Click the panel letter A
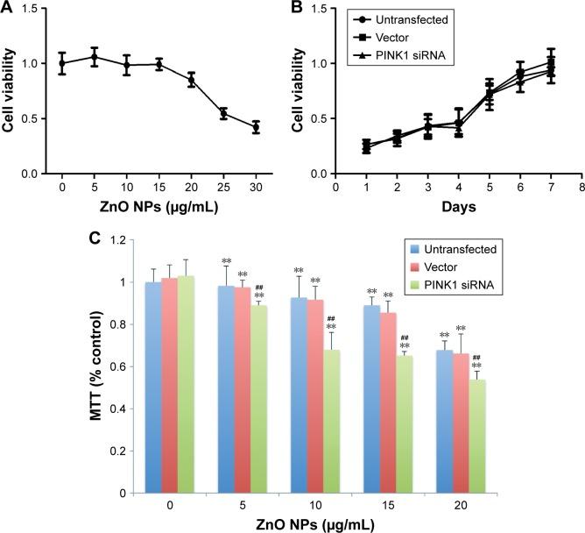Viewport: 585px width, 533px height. tap(9, 9)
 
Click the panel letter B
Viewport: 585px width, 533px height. tap(307, 9)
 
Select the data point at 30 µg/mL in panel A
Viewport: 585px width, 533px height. tap(256, 127)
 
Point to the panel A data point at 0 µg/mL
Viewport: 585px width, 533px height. tap(62, 63)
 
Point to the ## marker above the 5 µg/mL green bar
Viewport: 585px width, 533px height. tap(233, 285)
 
